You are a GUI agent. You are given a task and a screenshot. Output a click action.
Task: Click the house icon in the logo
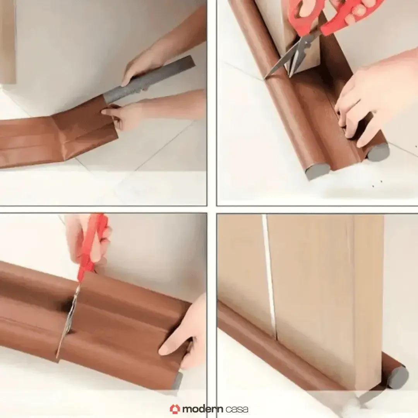(175, 409)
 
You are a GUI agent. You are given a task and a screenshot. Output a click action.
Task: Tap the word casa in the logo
(236, 409)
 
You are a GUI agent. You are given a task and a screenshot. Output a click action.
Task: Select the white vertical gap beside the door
(269, 271)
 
